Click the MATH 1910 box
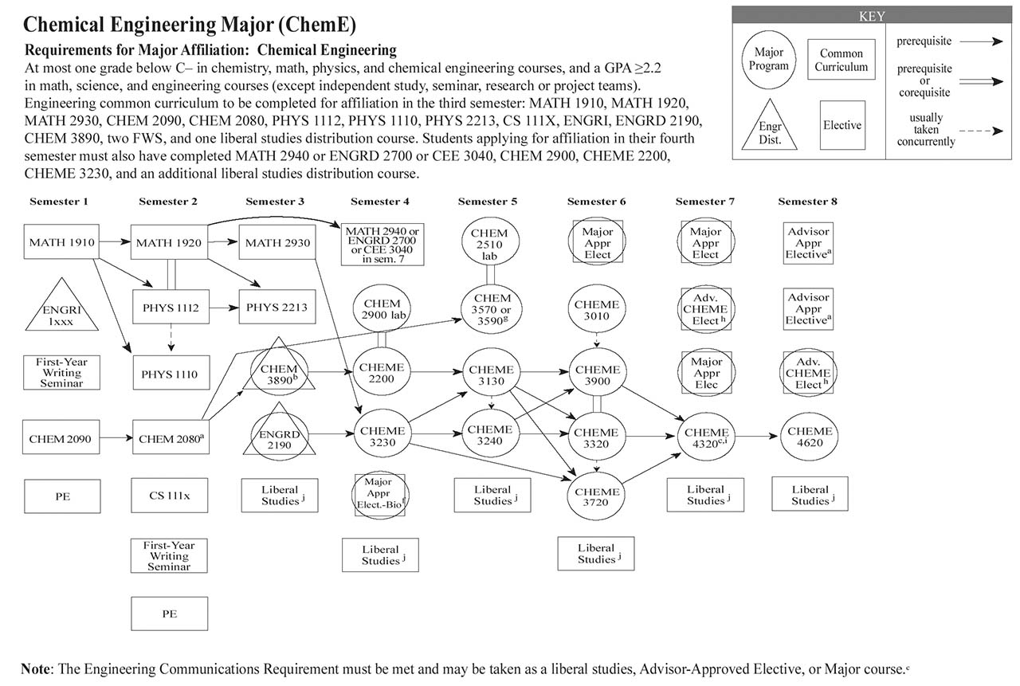pyautogui.click(x=62, y=242)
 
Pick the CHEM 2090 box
pyautogui.click(x=62, y=437)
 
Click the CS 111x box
pyautogui.click(x=170, y=495)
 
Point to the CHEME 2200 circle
pyautogui.click(x=382, y=374)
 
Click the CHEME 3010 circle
pyautogui.click(x=597, y=311)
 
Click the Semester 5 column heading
pyautogui.click(x=488, y=202)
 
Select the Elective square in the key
pyautogui.click(x=842, y=125)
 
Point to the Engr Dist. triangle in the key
pyautogui.click(x=769, y=127)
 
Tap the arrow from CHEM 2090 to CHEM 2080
pyautogui.click(x=116, y=437)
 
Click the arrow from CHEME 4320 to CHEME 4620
pyautogui.click(x=757, y=436)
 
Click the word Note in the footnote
pyautogui.click(x=36, y=668)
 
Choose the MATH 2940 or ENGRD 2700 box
pyautogui.click(x=382, y=244)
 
